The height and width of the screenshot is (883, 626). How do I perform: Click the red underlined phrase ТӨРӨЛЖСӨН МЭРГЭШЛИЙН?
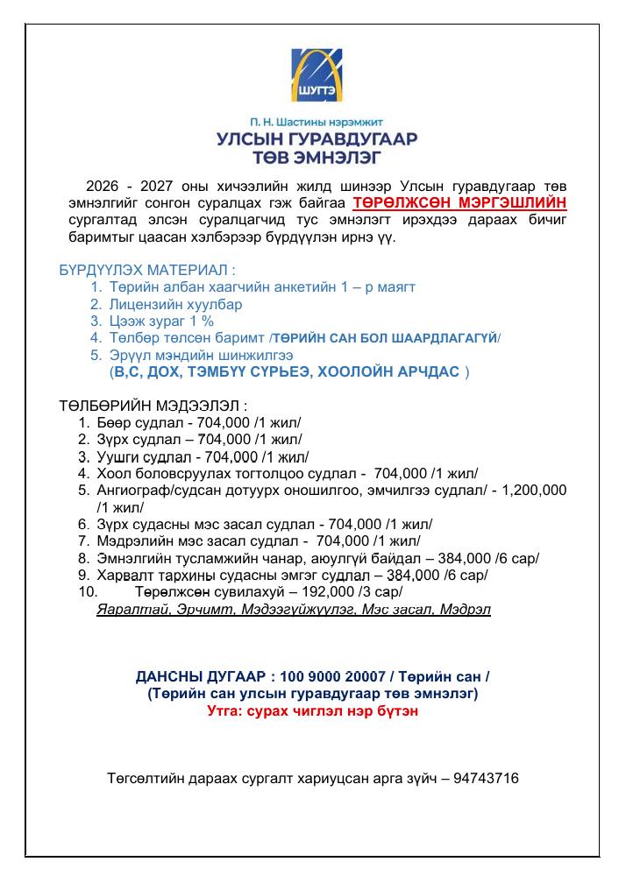(x=459, y=202)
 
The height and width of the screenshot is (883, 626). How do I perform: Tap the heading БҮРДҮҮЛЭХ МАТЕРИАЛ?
(x=147, y=271)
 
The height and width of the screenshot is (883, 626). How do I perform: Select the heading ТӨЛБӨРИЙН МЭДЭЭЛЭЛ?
(x=153, y=406)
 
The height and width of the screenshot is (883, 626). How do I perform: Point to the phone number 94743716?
(x=486, y=777)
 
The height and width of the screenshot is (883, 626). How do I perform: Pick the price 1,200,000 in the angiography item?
(x=535, y=490)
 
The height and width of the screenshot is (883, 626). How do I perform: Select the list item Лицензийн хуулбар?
(x=175, y=304)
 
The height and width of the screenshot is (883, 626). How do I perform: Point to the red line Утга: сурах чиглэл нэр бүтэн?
(x=312, y=711)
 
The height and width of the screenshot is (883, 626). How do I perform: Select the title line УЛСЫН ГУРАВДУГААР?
(x=317, y=139)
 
